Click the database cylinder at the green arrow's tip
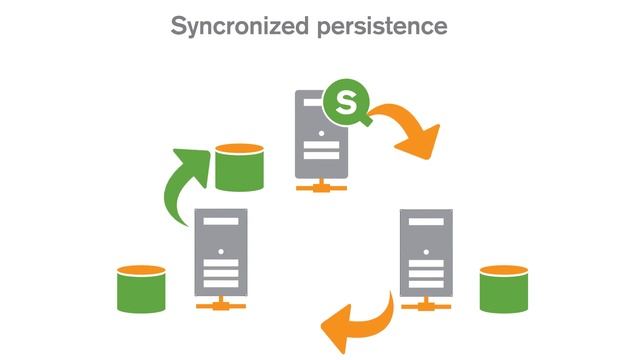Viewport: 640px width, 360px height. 239,167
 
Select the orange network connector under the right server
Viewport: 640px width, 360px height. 425,302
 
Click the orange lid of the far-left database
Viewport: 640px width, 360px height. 140,271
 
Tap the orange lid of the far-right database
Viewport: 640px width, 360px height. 503,271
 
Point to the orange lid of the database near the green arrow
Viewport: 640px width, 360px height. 239,150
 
